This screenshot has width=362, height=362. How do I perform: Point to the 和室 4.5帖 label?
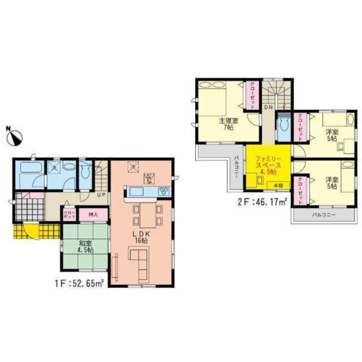[85, 247]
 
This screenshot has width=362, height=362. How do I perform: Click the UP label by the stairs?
[101, 194]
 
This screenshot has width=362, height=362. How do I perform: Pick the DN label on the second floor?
[268, 107]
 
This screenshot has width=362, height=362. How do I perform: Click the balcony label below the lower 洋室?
[324, 215]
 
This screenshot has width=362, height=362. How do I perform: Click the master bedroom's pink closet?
[252, 95]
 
